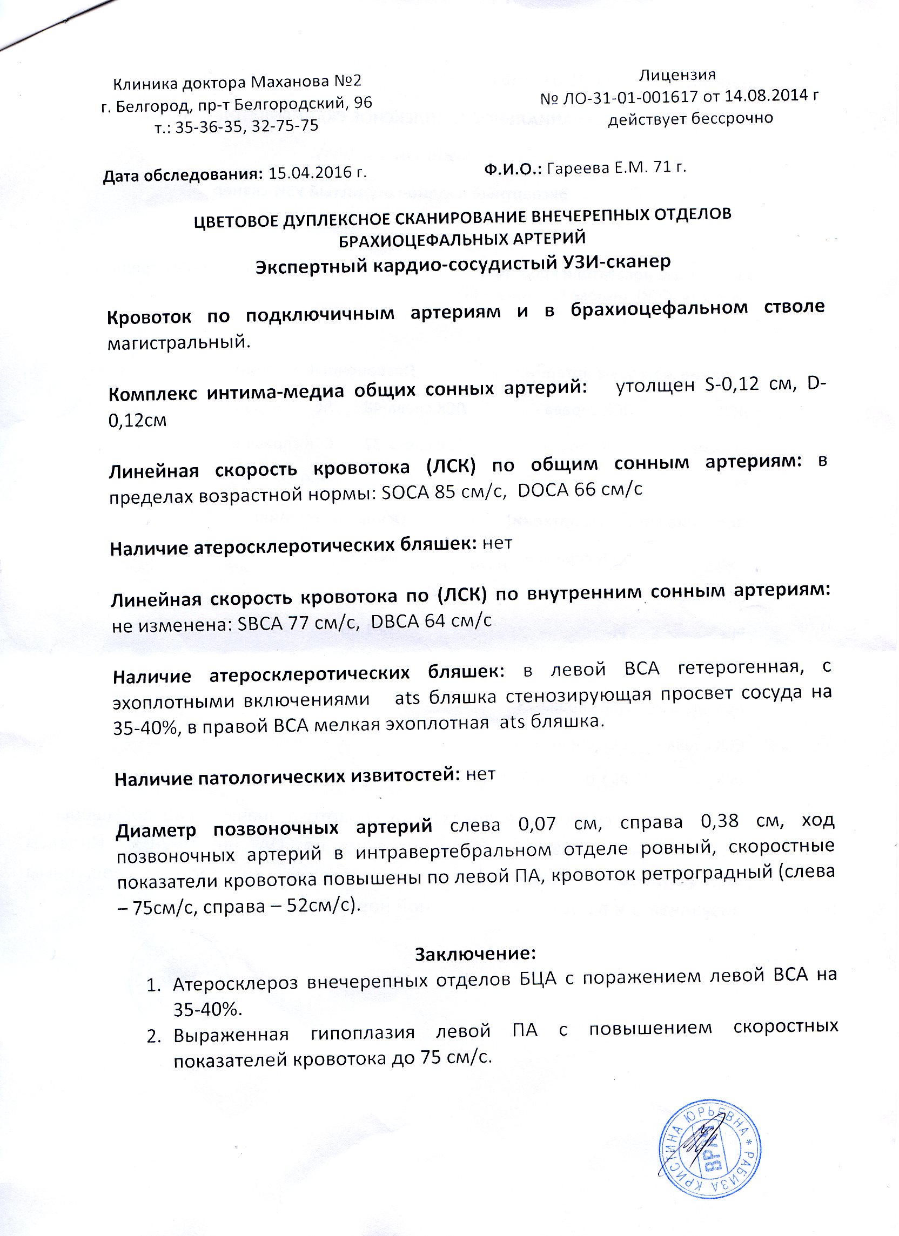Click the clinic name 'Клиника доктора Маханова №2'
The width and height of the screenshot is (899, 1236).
point(237,83)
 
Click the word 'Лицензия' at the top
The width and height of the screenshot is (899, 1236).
point(677,74)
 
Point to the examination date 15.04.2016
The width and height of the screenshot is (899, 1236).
point(311,174)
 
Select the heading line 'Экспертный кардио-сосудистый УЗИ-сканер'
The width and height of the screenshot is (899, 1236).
point(463,263)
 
